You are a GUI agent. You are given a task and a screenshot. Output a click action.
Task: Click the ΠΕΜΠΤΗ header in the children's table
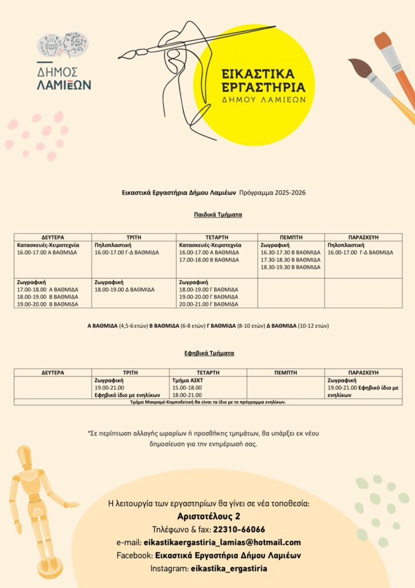(291, 237)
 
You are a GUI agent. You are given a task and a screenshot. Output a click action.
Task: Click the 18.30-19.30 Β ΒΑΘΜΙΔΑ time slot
(291, 267)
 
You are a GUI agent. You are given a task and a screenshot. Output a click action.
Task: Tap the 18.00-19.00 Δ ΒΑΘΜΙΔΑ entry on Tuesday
(124, 289)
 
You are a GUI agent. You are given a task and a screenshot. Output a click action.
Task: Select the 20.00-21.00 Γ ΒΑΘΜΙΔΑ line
(209, 304)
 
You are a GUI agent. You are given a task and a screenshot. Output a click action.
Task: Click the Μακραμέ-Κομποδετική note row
(208, 402)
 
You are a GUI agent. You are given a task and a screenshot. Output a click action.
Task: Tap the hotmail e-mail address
(222, 543)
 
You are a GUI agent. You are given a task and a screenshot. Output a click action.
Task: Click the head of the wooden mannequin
(24, 457)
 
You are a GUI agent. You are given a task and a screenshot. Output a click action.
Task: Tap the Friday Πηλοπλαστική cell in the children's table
(363, 249)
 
